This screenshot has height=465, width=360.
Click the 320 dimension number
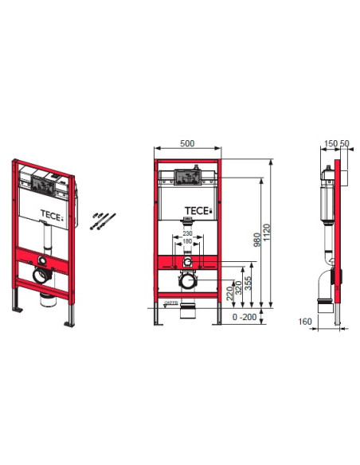[x=238, y=287]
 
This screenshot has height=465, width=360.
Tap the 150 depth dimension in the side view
[x=330, y=146]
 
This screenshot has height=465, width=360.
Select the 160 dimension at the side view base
[x=303, y=322]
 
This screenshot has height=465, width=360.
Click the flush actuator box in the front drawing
[x=187, y=179]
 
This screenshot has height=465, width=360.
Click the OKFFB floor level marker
[x=170, y=303]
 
